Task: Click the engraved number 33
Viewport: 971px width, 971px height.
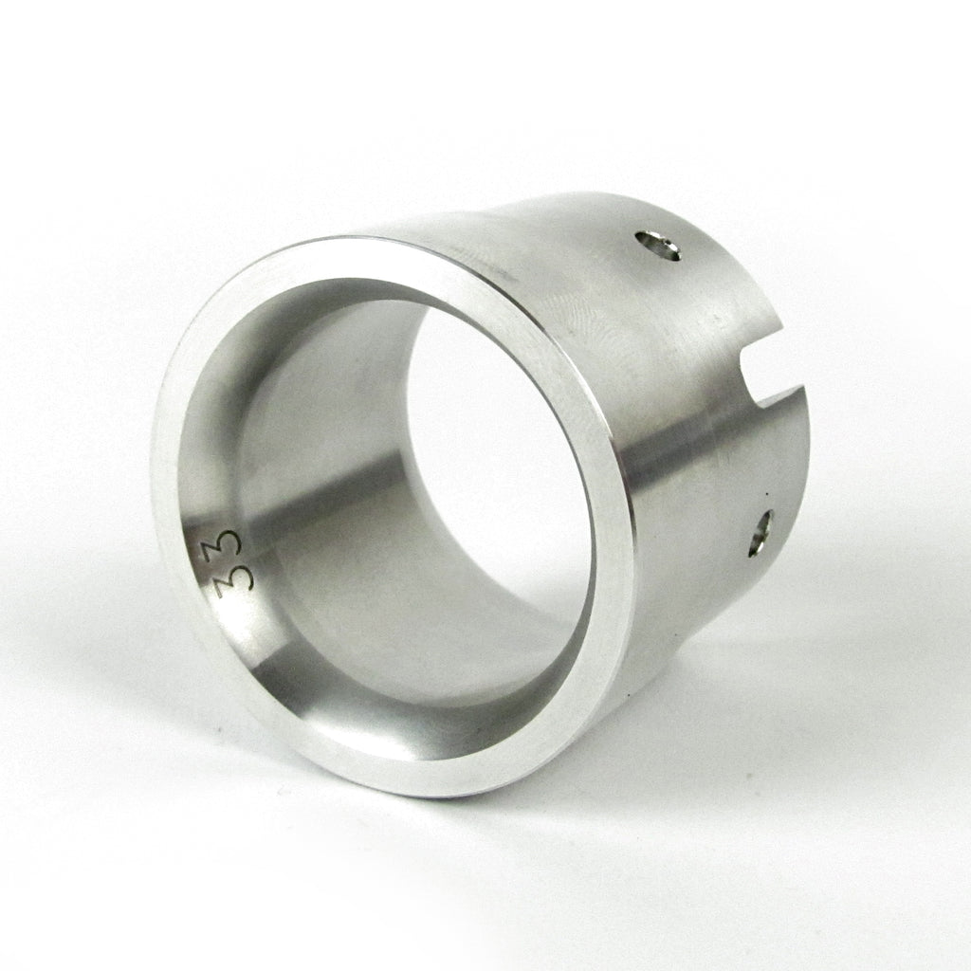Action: pyautogui.click(x=229, y=560)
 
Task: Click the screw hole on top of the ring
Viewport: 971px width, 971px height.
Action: pyautogui.click(x=658, y=246)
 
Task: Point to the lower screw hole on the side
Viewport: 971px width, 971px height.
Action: pyautogui.click(x=761, y=533)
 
